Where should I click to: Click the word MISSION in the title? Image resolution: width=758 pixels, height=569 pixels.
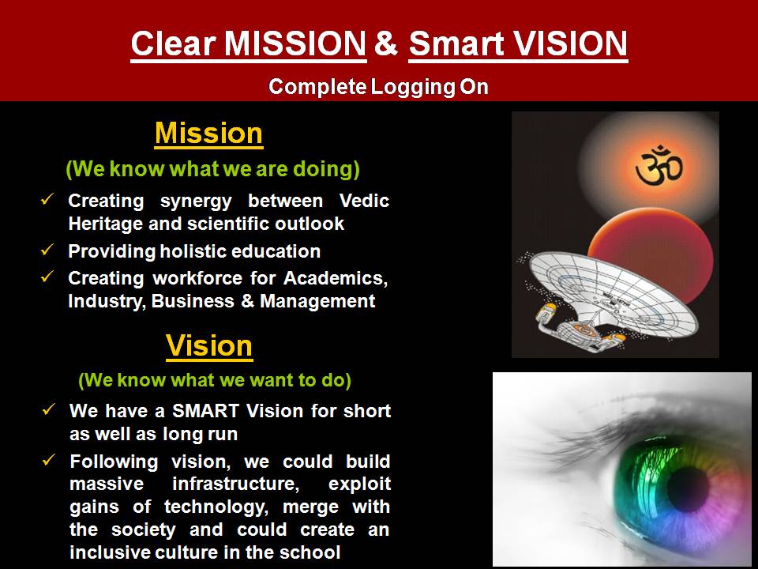[295, 43]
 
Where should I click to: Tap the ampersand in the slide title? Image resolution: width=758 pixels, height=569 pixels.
[386, 43]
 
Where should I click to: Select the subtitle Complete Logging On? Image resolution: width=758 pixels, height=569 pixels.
[378, 87]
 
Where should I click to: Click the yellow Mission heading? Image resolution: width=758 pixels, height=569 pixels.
[208, 133]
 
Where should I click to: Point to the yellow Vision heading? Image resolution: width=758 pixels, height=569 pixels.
[209, 346]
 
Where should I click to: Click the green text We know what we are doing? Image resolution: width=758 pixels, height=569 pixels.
[212, 169]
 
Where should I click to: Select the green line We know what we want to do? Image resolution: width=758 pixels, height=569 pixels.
[215, 380]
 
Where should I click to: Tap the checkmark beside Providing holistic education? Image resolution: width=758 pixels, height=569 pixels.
[47, 250]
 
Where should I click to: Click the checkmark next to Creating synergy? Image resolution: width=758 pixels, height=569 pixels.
[47, 199]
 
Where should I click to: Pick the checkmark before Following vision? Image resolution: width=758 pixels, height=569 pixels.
[49, 460]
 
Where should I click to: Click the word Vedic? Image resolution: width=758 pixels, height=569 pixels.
[364, 200]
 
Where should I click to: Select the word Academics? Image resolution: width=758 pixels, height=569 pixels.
[336, 278]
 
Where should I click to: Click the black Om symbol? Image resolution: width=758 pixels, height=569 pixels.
[659, 167]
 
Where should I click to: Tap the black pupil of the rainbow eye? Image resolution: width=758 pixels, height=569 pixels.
[688, 489]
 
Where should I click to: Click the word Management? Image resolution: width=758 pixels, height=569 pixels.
[317, 301]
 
